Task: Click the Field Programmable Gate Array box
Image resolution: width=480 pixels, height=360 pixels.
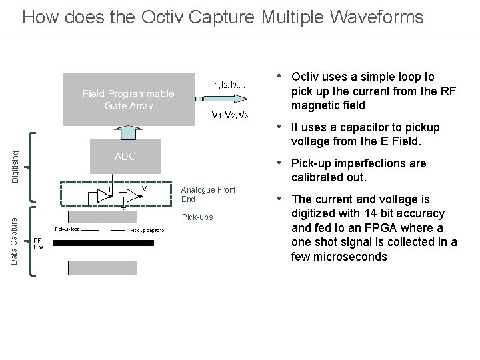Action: tap(129, 99)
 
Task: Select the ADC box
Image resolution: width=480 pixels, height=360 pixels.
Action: tap(125, 157)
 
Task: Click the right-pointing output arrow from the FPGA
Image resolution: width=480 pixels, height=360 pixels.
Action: tap(202, 99)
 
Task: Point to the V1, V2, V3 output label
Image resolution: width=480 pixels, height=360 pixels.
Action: tap(229, 115)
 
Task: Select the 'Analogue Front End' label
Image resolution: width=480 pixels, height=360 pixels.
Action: tap(208, 194)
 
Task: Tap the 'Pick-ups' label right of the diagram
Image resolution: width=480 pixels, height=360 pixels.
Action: tap(197, 217)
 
